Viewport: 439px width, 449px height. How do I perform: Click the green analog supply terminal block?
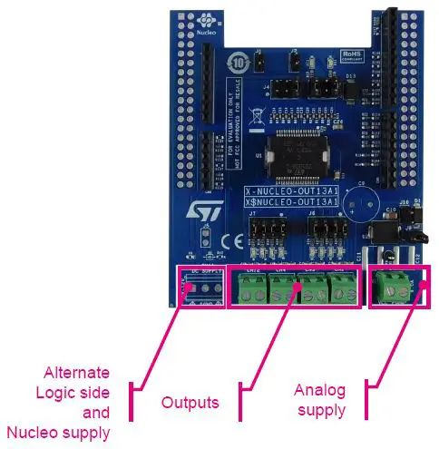tap(394, 288)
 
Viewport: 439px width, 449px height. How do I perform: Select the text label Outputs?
tap(190, 402)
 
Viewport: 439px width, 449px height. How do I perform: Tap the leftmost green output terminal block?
tap(250, 288)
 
